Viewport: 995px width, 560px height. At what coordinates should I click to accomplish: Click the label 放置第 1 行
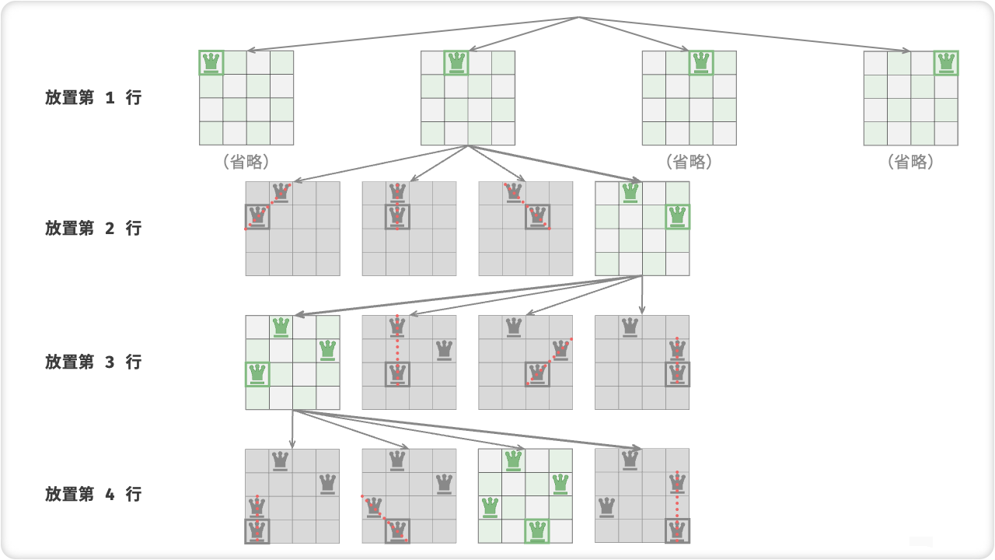(93, 97)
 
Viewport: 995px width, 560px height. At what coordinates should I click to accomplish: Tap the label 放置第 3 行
(93, 362)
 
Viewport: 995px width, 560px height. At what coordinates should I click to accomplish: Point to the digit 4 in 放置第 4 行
(110, 494)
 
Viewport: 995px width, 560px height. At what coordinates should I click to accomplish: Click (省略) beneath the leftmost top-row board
(246, 162)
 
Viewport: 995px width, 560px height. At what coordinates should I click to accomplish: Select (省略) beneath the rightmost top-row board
(910, 162)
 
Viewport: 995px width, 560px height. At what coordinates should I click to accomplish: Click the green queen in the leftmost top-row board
(211, 63)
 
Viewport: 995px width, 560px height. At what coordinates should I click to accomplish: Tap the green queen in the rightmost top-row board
(946, 63)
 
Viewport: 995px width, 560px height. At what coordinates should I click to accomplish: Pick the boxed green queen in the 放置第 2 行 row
(677, 217)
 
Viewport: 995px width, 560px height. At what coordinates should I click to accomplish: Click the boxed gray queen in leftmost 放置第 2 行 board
(257, 217)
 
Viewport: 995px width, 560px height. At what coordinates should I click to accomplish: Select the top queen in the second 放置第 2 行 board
(397, 193)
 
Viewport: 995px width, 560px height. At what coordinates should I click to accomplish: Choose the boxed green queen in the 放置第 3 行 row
(257, 374)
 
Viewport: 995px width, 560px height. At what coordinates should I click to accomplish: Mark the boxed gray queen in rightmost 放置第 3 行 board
(677, 374)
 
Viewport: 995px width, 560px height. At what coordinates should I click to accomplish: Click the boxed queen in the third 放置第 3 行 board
(537, 374)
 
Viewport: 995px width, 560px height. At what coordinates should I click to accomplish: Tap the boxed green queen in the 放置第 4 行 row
(537, 531)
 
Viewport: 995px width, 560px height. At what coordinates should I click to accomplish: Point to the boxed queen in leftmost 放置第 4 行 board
(257, 531)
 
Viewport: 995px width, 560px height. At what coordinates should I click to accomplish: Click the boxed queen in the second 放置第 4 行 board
(397, 531)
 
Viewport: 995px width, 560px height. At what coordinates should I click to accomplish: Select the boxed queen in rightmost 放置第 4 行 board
(677, 531)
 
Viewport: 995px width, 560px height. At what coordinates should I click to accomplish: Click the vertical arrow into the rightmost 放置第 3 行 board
(642, 295)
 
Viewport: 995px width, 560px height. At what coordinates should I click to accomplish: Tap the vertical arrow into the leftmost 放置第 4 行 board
(292, 429)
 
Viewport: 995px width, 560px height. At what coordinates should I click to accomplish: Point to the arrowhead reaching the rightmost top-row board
(906, 51)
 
